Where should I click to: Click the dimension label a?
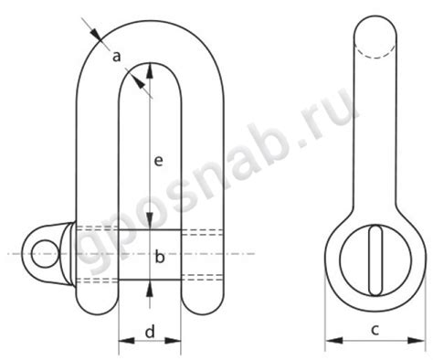pos(116,57)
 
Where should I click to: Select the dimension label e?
pos(159,161)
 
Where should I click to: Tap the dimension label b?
pos(160,256)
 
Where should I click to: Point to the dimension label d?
pos(150,331)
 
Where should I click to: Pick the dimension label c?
pos(375,330)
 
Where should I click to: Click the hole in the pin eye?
pos(45,253)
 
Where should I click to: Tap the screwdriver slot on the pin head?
pos(375,260)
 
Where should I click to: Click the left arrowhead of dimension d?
pos(126,340)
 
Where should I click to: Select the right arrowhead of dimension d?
pos(174,340)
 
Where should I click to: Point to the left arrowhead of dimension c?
pos(333,340)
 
